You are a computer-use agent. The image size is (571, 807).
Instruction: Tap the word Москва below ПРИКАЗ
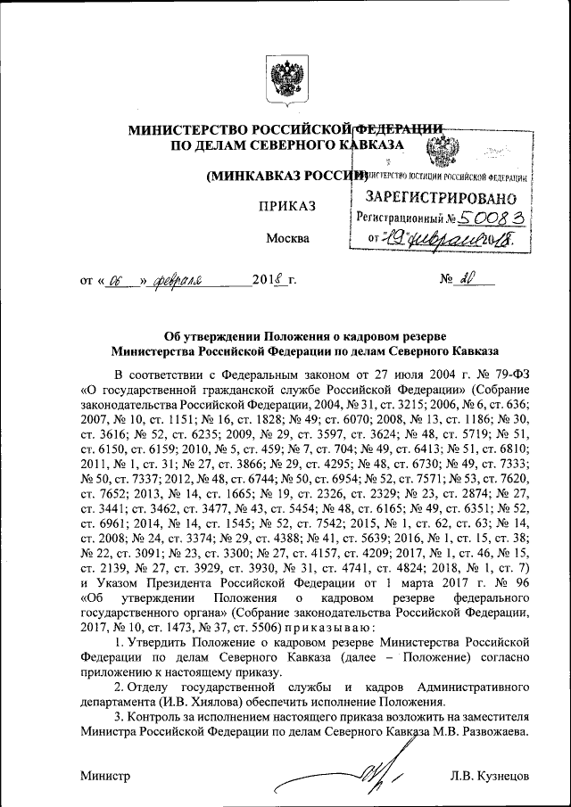(288, 238)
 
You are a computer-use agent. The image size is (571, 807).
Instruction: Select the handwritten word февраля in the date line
(179, 281)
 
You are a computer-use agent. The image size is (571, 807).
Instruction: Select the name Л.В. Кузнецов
(491, 776)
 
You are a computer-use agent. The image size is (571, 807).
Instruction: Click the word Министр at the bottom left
(105, 776)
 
